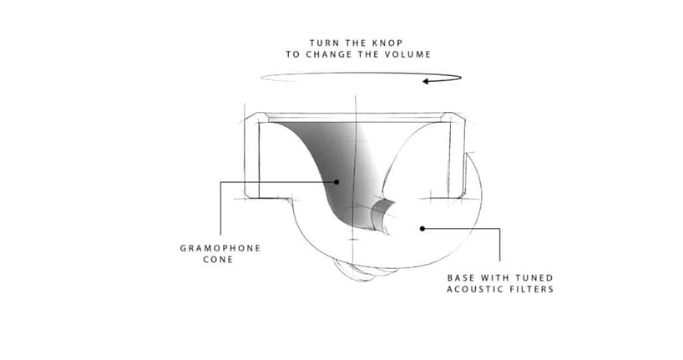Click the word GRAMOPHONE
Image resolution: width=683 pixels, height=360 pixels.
coord(220,248)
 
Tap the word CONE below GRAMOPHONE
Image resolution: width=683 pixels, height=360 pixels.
coord(218,260)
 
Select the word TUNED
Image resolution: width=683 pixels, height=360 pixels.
coord(534,278)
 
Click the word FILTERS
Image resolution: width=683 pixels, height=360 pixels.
coord(531,289)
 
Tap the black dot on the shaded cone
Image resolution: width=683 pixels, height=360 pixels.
coord(336,182)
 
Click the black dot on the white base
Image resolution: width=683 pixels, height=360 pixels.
coord(422,228)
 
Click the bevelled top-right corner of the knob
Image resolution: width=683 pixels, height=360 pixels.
coord(454,117)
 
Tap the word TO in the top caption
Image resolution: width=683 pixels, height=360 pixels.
coord(293,54)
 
